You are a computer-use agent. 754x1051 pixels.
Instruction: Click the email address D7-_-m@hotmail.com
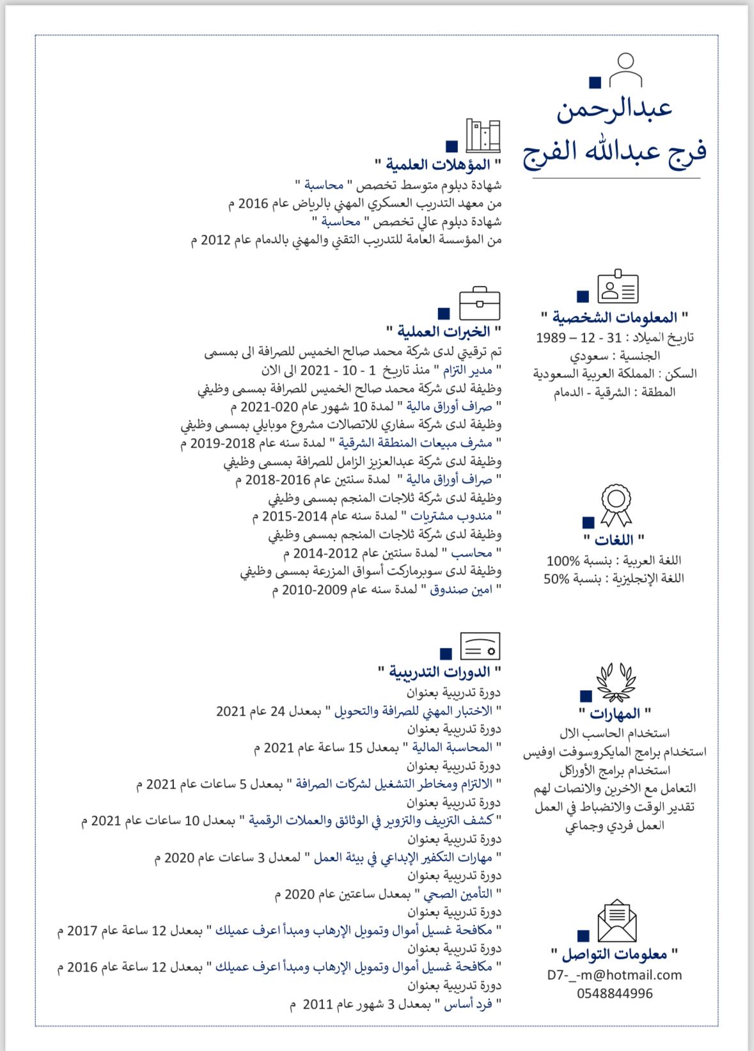[614, 975]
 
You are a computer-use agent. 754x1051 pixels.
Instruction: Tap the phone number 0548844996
[615, 993]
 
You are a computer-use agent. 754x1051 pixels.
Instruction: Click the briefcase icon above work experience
[480, 303]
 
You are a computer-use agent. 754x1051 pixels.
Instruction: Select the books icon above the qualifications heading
[483, 135]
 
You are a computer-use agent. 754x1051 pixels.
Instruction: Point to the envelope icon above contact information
[617, 921]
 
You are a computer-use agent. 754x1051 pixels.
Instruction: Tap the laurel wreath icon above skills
[616, 683]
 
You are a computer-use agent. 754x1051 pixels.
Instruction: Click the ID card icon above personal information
[618, 287]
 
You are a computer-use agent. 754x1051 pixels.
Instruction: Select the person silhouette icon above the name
[625, 70]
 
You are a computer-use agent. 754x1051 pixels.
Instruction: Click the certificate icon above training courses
[480, 646]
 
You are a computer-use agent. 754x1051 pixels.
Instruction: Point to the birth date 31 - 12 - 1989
[578, 338]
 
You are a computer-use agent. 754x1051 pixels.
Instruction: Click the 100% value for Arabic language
[563, 561]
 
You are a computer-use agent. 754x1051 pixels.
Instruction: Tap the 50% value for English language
[556, 579]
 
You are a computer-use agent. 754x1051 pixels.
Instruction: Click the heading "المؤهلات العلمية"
[438, 165]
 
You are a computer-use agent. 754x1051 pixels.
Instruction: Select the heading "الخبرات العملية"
[444, 331]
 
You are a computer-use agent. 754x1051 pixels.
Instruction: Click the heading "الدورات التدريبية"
[440, 672]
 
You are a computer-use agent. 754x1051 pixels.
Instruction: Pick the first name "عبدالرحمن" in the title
[614, 109]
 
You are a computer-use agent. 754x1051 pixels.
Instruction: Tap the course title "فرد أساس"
[468, 1004]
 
